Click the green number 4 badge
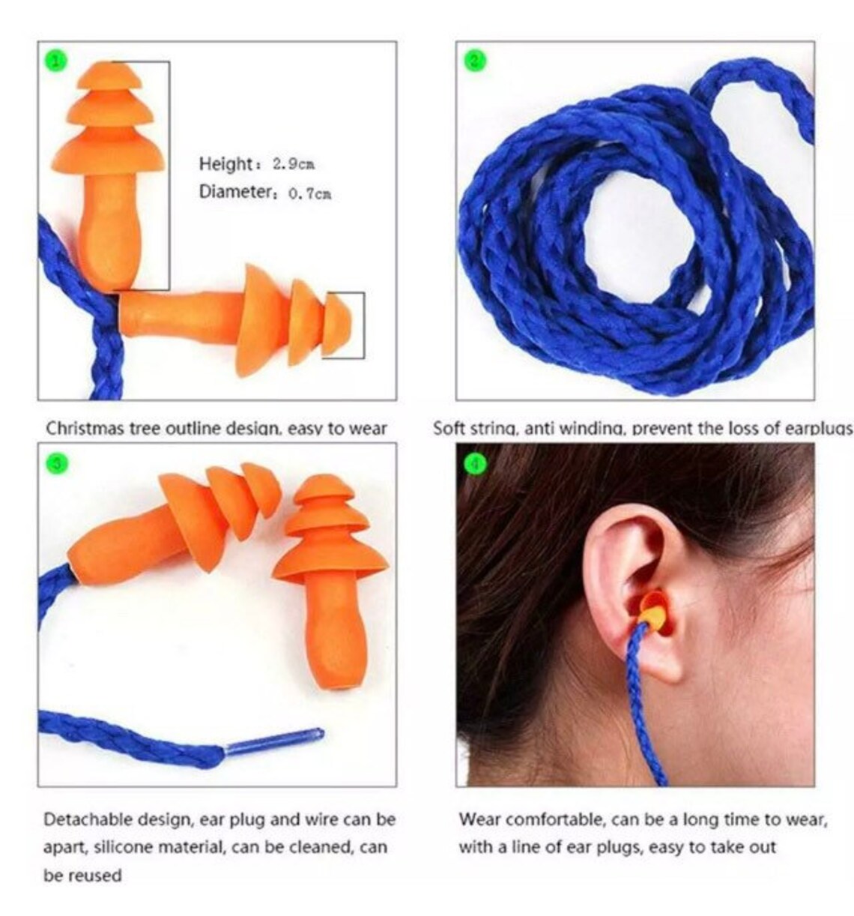tap(475, 464)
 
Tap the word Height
tap(225, 163)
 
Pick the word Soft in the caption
tap(449, 429)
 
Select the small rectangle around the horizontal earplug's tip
tap(344, 325)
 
